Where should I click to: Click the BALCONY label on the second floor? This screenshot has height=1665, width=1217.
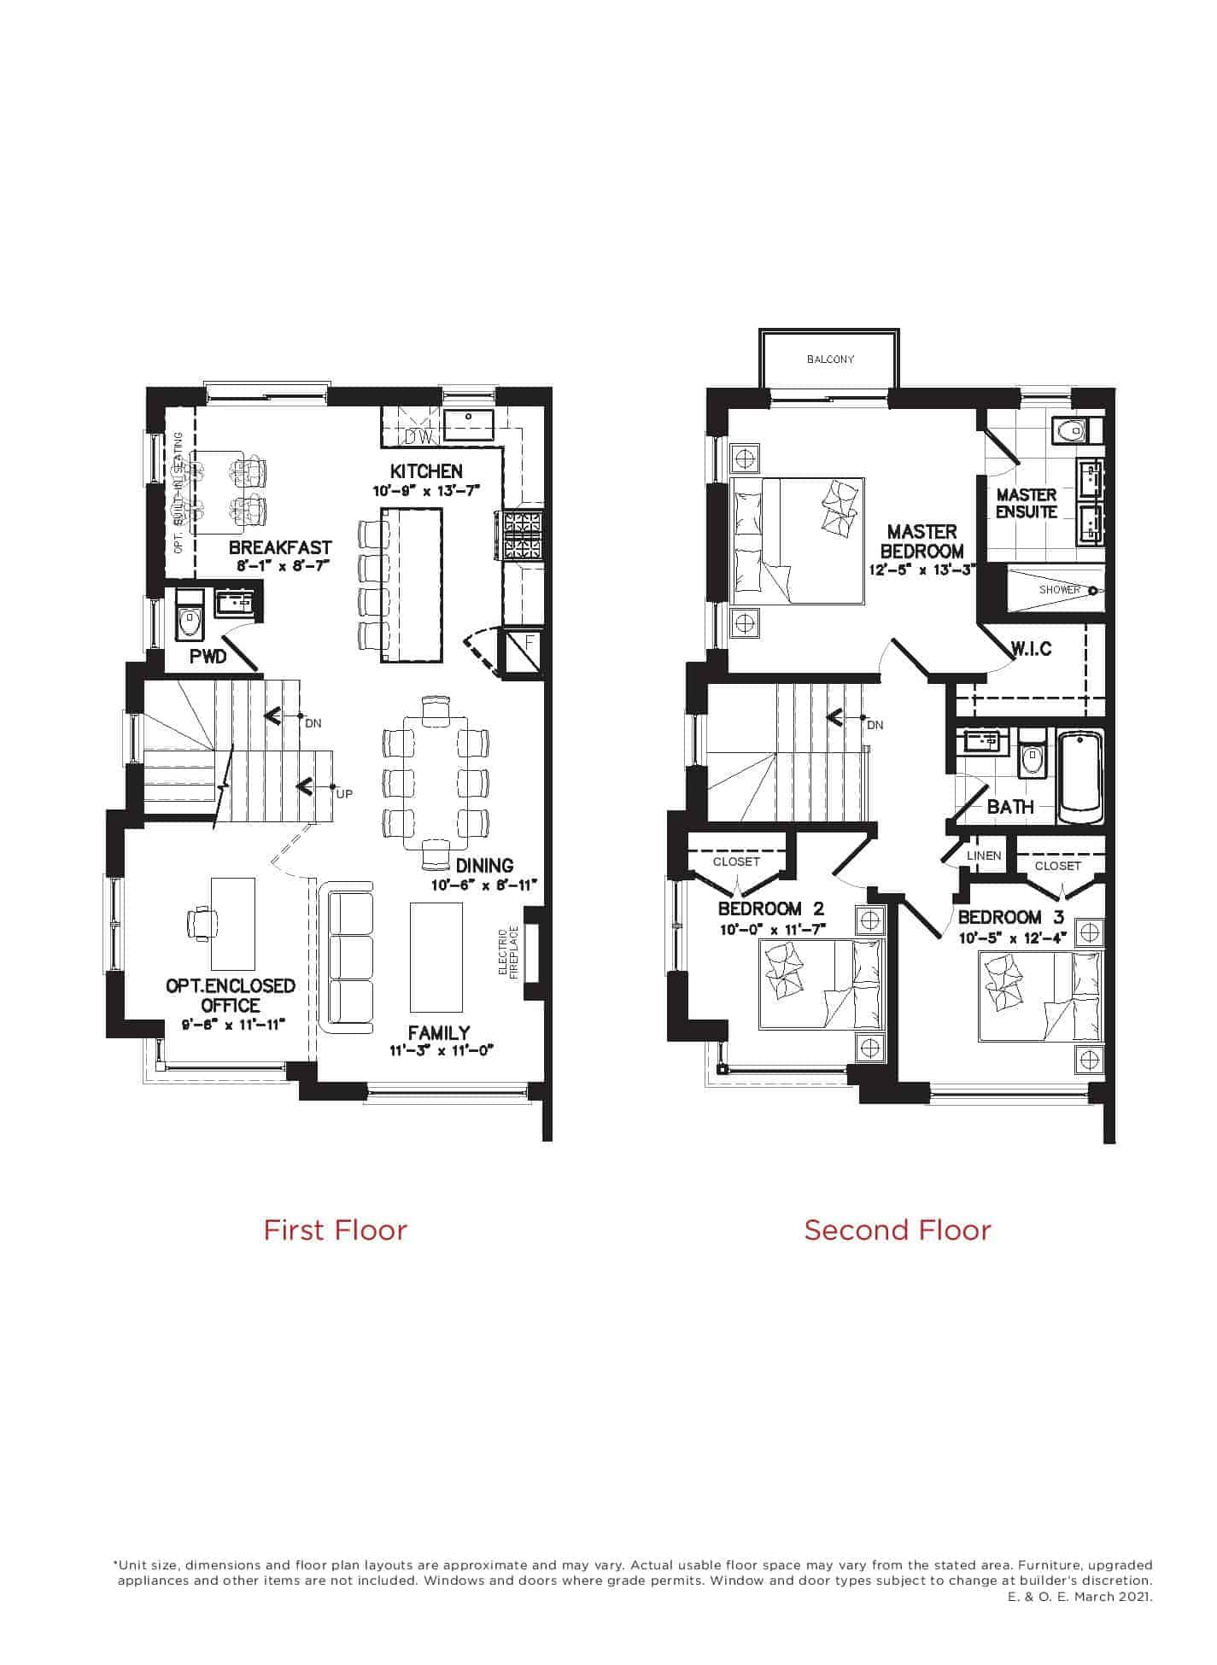[830, 359]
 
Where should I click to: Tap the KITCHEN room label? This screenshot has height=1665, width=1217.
[426, 471]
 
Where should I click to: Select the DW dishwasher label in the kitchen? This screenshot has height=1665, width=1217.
[419, 437]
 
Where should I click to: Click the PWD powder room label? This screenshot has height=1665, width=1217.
[208, 657]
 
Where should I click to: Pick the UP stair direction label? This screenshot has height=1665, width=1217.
[344, 794]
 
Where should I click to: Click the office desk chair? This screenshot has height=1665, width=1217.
[201, 923]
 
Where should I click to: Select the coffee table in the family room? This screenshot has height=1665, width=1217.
[436, 956]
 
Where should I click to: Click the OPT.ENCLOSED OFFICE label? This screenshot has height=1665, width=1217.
[231, 996]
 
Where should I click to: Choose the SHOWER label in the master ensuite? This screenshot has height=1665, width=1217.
[1059, 590]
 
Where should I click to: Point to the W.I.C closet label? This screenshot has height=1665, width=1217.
[1032, 649]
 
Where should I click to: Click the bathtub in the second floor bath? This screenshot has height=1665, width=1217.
[1080, 776]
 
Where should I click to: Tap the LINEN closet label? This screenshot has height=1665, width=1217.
[984, 856]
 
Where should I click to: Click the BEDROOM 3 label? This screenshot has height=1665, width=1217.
[999, 918]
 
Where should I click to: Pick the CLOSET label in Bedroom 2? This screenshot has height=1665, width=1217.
[736, 862]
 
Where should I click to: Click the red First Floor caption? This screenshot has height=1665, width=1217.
[335, 1230]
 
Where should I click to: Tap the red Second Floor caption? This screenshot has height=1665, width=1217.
[898, 1230]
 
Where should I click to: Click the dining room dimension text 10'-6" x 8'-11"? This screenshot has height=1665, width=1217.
[484, 885]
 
